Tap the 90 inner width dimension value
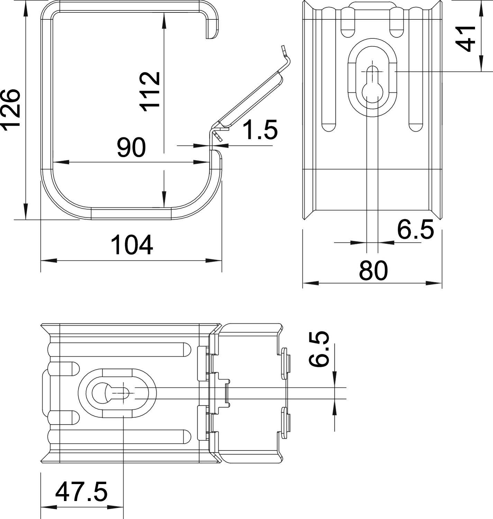[x=131, y=147]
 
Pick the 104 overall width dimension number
[x=131, y=245]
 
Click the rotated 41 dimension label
[x=466, y=38]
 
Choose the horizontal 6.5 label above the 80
[x=415, y=230]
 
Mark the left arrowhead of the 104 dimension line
[x=48, y=260]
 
